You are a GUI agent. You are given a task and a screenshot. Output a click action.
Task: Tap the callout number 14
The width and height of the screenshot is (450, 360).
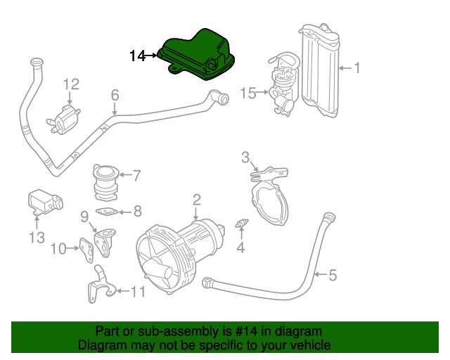coord(137,56)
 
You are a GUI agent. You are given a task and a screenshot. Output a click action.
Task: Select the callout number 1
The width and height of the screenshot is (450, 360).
coord(356,68)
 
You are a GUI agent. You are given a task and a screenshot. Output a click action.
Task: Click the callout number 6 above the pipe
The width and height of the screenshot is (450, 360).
coord(115,94)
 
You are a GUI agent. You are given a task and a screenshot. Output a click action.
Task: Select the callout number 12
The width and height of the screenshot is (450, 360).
coord(71,85)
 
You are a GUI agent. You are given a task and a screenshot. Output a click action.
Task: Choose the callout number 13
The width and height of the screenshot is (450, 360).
coord(37,238)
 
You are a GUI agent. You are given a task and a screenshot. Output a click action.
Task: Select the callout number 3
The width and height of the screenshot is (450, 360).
coord(245,156)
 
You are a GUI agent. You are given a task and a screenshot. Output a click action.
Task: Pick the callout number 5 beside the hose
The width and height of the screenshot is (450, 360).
coord(333,274)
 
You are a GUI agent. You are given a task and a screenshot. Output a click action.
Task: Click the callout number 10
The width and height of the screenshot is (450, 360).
coord(58,247)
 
